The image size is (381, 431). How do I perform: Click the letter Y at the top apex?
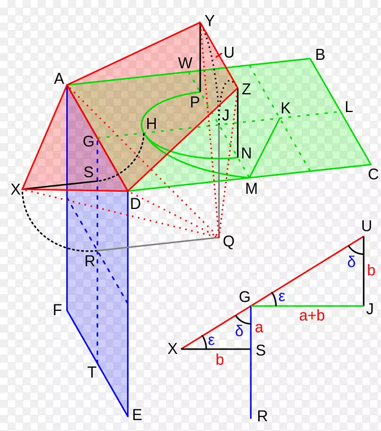[210, 21]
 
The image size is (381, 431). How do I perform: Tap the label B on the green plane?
[320, 55]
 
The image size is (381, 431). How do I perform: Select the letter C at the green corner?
[373, 174]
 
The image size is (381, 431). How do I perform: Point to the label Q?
[228, 242]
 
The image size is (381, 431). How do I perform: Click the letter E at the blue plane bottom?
[137, 415]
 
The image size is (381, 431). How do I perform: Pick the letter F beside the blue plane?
[57, 310]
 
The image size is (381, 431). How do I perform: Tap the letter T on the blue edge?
[92, 372]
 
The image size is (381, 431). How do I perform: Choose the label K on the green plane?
[286, 108]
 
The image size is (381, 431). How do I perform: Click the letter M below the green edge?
[251, 189]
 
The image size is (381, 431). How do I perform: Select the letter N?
[246, 154]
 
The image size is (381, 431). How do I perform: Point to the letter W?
[185, 63]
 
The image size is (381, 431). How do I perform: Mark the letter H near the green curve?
[151, 124]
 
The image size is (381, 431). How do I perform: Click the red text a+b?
[311, 316]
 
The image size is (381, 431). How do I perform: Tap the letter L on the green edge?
[349, 107]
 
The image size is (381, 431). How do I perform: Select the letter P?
[195, 102]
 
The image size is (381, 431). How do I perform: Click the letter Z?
[246, 89]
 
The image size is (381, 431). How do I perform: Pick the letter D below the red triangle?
[135, 204]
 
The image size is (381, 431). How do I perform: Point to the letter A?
[59, 79]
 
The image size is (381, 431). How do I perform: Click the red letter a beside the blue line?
[259, 328]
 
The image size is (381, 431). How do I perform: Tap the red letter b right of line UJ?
[371, 270]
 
